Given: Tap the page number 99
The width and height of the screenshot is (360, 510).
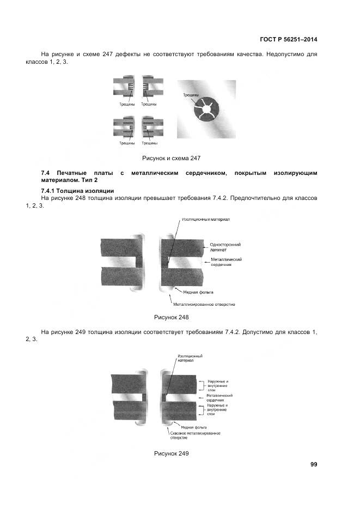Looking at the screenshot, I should coord(314,464).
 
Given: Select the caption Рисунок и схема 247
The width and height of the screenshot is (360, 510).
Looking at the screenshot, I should coord(172,158).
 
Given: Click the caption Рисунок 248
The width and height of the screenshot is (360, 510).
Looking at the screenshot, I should coord(172,317).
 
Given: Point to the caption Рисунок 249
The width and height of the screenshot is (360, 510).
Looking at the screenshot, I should coord(172,453).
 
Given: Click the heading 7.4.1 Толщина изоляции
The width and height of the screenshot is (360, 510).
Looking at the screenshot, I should coord(77,190).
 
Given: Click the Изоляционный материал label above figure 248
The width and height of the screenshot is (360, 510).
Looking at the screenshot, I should coord(206,220).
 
